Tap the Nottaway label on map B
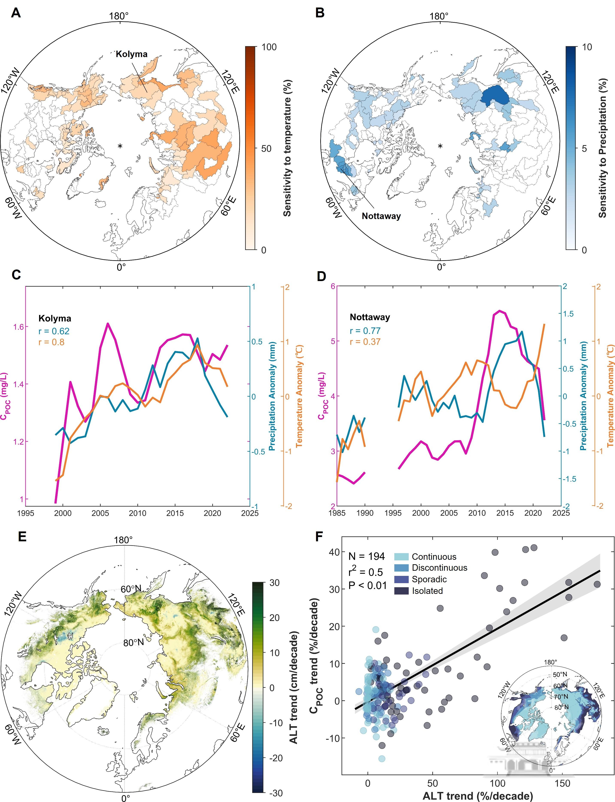pos(381,216)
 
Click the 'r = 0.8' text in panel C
pos(51,342)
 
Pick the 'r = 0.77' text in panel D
pos(365,331)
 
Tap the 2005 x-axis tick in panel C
pos(100,513)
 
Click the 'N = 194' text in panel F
pos(366,557)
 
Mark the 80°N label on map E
pos(133,642)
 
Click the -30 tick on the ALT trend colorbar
pos(275,790)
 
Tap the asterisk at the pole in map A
pos(120,146)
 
